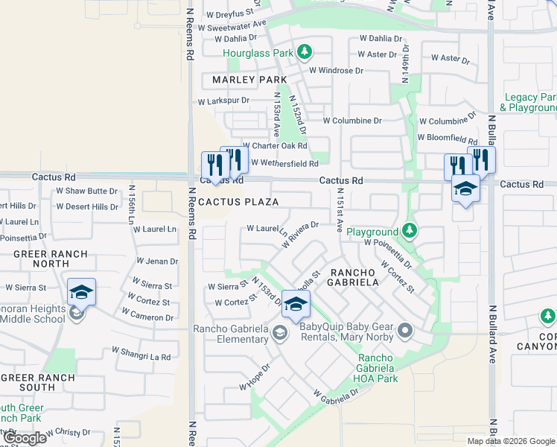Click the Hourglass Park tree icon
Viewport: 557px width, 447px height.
(x=304, y=52)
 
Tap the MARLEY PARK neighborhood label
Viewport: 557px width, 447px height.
(x=244, y=80)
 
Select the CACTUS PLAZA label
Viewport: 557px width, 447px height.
(x=238, y=202)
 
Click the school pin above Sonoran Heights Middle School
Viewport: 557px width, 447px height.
(x=81, y=292)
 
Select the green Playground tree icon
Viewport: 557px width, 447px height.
(x=409, y=231)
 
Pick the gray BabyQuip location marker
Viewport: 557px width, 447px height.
(x=405, y=330)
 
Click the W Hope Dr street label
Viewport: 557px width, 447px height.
(x=255, y=376)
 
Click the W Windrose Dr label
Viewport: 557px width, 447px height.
(x=336, y=71)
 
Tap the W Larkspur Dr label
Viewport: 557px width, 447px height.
(x=223, y=100)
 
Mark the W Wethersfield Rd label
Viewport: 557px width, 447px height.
(x=284, y=163)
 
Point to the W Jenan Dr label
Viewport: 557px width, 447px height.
(x=156, y=261)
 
